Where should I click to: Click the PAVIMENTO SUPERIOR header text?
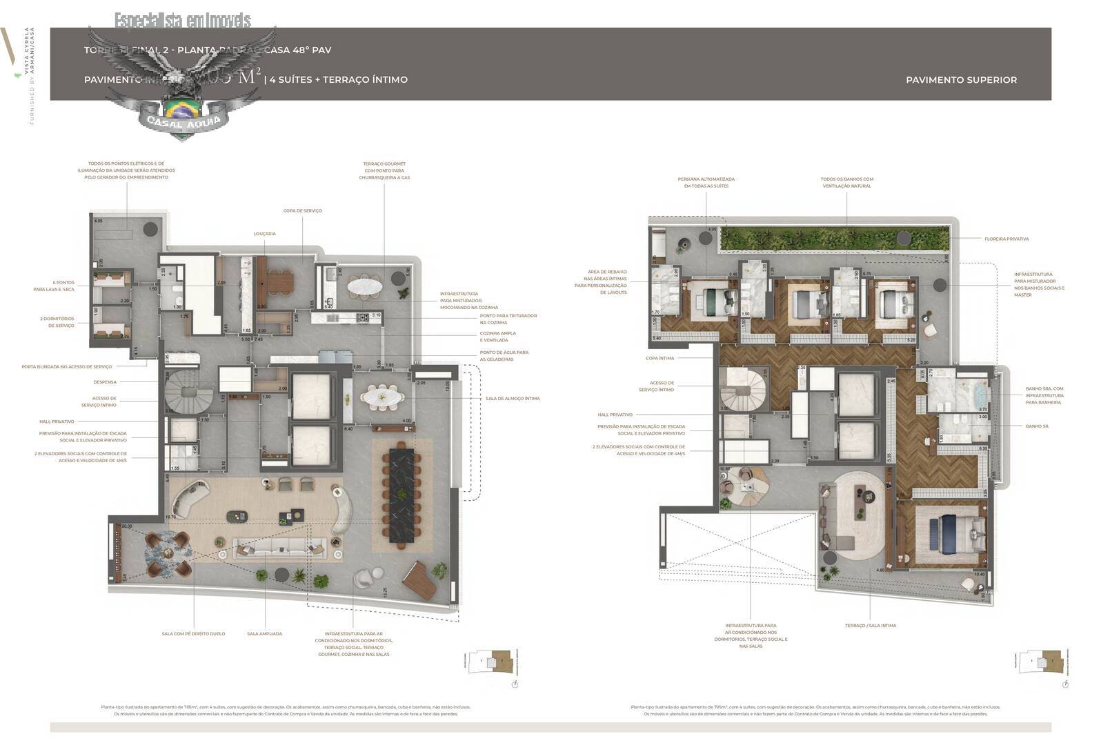[960, 80]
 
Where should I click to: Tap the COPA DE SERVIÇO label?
[302, 211]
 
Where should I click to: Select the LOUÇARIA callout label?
[264, 234]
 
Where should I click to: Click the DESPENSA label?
[105, 382]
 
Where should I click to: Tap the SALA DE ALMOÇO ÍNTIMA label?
[513, 399]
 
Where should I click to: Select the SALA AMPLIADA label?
[264, 634]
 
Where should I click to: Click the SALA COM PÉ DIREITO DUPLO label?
[193, 634]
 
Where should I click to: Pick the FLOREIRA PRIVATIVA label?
[1006, 239]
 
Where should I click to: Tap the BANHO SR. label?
[1037, 426]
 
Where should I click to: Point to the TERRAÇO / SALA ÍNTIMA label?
[870, 626]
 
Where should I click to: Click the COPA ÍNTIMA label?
[659, 359]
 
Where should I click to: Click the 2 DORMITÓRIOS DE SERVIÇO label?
[57, 322]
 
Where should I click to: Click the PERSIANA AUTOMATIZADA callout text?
[706, 183]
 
